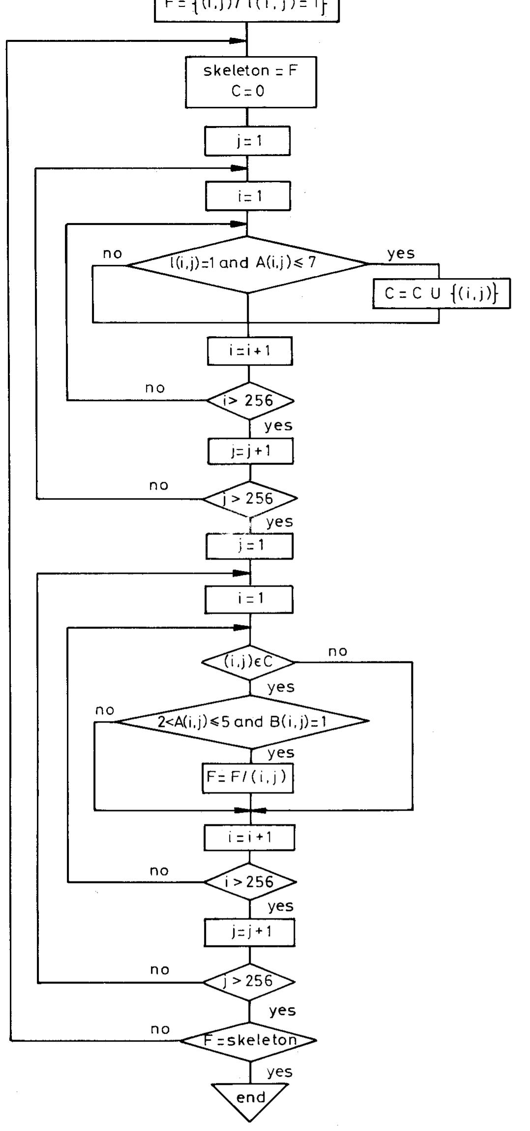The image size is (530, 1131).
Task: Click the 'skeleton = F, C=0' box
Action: (x=251, y=82)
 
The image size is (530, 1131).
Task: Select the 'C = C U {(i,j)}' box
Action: (x=441, y=294)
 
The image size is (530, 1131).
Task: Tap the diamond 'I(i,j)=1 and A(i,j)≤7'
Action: (x=247, y=264)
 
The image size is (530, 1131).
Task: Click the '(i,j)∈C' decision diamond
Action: (x=249, y=662)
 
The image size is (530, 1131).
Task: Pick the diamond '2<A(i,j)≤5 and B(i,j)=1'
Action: (x=242, y=722)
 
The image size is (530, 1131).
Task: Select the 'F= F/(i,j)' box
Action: (x=248, y=778)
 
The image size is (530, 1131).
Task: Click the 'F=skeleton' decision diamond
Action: (x=249, y=1040)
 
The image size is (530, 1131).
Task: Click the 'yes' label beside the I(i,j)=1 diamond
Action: (x=401, y=253)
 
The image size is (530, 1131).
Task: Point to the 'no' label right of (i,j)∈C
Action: (x=338, y=652)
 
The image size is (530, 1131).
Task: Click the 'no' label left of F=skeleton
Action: (x=160, y=1029)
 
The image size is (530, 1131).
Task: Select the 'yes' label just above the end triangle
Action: (x=279, y=1071)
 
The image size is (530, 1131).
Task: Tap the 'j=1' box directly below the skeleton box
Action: (x=247, y=141)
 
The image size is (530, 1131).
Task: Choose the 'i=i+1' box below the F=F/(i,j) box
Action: (x=249, y=837)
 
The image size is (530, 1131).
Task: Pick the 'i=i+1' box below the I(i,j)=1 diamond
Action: (x=250, y=351)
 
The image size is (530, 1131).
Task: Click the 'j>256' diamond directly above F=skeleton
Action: (x=249, y=981)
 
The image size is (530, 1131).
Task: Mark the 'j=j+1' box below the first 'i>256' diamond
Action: (x=250, y=451)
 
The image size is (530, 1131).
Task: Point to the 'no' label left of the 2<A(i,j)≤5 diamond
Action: (x=105, y=710)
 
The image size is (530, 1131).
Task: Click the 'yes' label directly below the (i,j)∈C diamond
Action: (x=281, y=687)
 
